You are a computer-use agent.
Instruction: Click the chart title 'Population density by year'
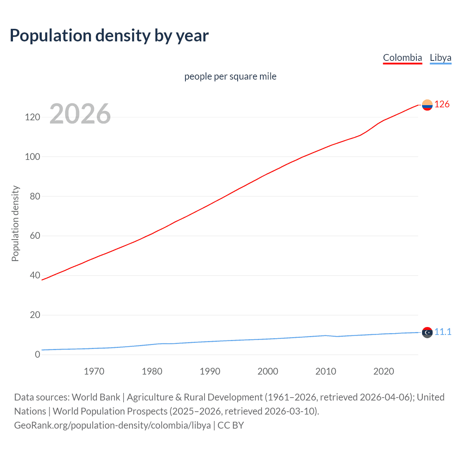[x=109, y=36]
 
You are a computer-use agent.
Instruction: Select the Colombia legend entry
[x=402, y=58]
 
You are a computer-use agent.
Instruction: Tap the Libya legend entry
[x=440, y=58]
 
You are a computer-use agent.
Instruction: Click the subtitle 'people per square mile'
[x=230, y=76]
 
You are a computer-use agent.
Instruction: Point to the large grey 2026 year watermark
[x=80, y=114]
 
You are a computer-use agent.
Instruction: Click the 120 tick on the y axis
[x=32, y=117]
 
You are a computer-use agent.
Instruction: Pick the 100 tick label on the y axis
[x=32, y=157]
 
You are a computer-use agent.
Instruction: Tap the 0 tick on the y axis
[x=37, y=354]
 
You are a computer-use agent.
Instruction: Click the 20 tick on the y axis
[x=35, y=315]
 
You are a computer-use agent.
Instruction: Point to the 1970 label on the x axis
[x=94, y=371]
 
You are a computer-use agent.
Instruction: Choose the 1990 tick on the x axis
[x=210, y=371]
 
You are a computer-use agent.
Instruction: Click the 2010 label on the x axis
[x=326, y=371]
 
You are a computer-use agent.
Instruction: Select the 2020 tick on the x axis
[x=384, y=371]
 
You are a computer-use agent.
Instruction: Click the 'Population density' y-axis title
[x=15, y=223]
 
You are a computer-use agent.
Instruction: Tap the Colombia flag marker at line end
[x=427, y=105]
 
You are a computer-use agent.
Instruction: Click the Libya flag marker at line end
[x=427, y=332]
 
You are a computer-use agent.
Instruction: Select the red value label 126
[x=442, y=104]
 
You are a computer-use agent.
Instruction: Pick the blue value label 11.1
[x=443, y=332]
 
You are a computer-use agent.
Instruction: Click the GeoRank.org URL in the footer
[x=112, y=425]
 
